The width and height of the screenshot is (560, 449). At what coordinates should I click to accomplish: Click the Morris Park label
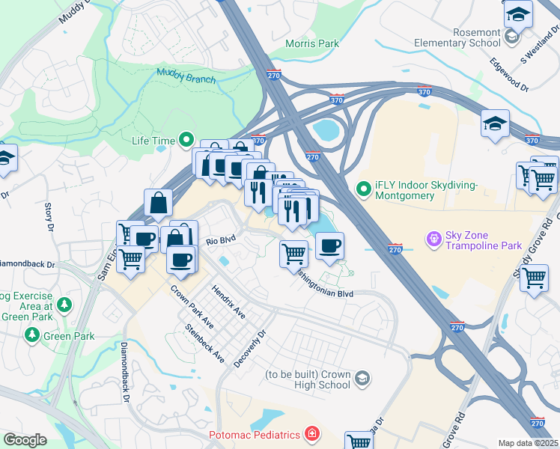point(312,43)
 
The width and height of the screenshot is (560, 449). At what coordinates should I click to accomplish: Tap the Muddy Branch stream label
point(186,76)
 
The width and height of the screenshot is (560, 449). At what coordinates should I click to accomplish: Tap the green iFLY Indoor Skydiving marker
point(364,189)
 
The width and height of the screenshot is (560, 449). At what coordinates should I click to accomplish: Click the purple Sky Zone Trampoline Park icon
point(433,239)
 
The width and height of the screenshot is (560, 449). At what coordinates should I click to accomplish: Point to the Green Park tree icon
point(32,335)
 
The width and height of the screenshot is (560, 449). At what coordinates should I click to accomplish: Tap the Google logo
point(25,440)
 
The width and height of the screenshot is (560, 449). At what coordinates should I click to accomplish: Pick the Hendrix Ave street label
point(228,299)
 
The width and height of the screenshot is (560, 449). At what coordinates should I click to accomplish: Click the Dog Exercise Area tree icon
point(65,305)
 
